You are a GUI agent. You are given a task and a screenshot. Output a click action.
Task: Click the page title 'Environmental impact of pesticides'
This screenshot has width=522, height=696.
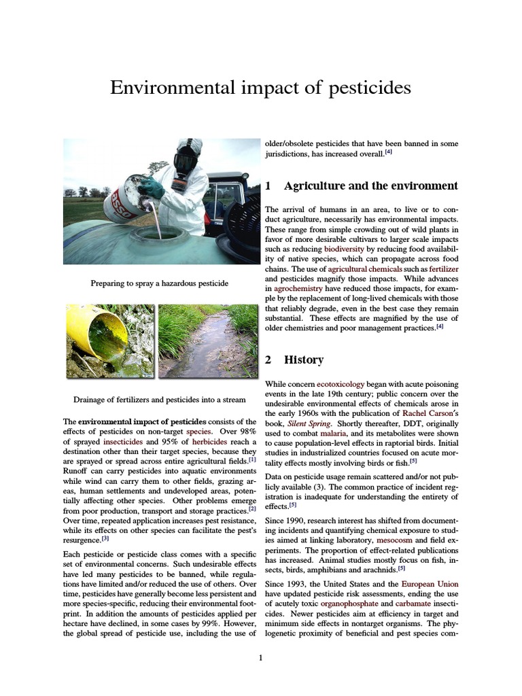261,88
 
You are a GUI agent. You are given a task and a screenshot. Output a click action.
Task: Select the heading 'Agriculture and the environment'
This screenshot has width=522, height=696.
370,186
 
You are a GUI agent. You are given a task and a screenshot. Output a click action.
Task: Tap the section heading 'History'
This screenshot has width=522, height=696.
303,360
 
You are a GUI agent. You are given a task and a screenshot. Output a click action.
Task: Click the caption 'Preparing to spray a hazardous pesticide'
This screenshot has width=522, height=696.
160,283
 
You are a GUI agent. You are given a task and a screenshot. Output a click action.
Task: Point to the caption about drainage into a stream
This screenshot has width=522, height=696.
160,399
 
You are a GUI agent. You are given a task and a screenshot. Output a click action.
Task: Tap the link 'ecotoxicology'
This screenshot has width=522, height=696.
341,384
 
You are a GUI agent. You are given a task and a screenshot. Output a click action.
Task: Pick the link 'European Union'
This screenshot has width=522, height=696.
430,584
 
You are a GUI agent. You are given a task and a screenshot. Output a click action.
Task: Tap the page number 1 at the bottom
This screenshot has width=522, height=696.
261,657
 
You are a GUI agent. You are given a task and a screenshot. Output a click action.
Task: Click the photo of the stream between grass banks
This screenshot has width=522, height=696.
207,341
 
